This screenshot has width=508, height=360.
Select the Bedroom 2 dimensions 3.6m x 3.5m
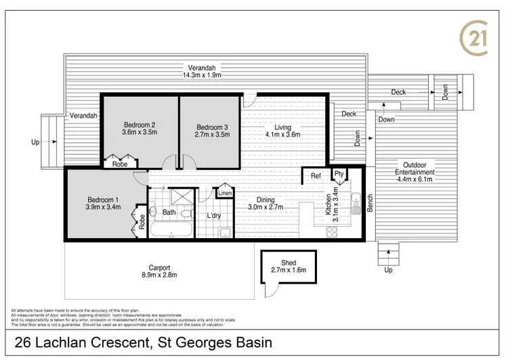click(x=140, y=133)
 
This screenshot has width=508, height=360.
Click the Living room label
click(x=282, y=127)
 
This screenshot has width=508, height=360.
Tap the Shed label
click(x=289, y=263)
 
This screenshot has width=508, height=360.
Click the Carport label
click(x=160, y=267)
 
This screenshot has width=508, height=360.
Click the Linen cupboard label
click(x=225, y=194)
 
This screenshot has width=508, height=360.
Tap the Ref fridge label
click(x=316, y=177)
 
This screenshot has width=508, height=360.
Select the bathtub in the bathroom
click(x=170, y=231)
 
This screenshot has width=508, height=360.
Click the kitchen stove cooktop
click(x=333, y=232)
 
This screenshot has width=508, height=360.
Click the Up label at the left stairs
click(x=35, y=142)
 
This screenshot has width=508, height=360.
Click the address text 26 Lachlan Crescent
click(x=83, y=342)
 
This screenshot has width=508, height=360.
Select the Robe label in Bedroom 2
click(x=120, y=164)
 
